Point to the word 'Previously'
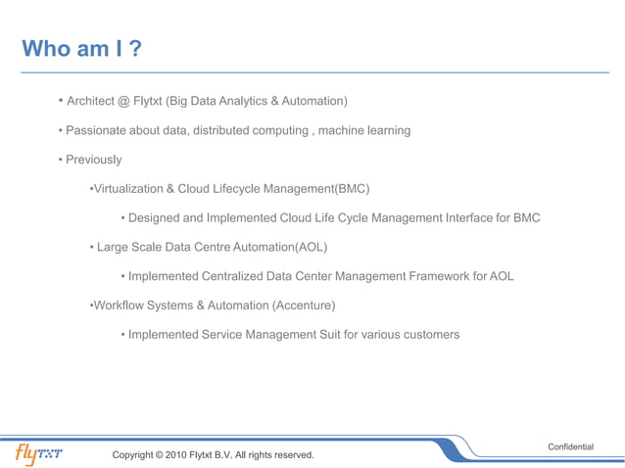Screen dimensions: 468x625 point(94,160)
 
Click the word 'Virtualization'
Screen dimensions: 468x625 point(126,189)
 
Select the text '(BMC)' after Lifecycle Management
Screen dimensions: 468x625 point(352,189)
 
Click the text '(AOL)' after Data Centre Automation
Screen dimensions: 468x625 point(311,247)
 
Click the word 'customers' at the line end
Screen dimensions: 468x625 point(429,335)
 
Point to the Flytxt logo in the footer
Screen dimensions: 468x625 point(38,453)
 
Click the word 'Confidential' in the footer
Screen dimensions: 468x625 point(570,446)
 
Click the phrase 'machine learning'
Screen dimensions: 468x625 point(365,130)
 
